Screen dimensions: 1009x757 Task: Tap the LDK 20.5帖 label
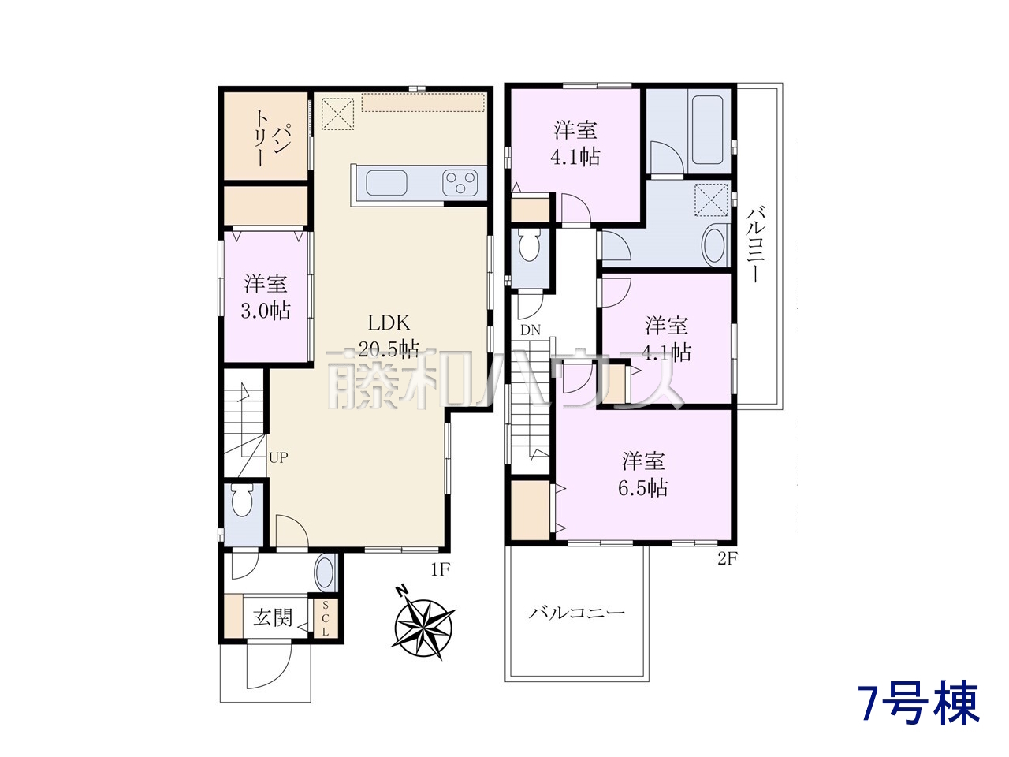[389, 337]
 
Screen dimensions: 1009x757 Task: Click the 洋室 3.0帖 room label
[266, 297]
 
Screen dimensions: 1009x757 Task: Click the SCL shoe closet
[325, 619]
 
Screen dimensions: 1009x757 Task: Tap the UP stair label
[278, 457]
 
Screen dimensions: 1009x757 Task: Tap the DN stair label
[531, 330]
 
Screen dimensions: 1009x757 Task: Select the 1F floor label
[439, 570]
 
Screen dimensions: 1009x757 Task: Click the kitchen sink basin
[386, 184]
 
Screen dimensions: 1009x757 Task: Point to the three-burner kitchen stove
[460, 183]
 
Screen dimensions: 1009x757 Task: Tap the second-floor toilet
[529, 245]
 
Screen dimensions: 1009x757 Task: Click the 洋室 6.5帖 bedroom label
[643, 475]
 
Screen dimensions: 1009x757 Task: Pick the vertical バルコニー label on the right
[756, 245]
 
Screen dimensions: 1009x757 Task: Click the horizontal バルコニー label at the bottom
[576, 613]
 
